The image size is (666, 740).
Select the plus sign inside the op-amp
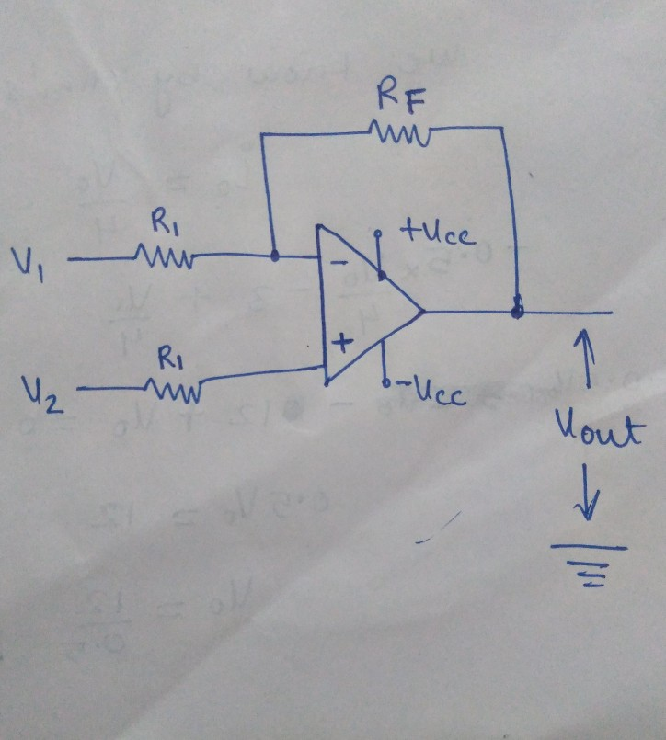tap(340, 345)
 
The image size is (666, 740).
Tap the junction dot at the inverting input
tap(275, 256)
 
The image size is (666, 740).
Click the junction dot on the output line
tap(517, 312)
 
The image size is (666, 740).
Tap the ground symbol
tap(590, 562)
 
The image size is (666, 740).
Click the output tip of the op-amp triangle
tap(421, 312)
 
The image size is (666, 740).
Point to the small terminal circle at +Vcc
tap(377, 234)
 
